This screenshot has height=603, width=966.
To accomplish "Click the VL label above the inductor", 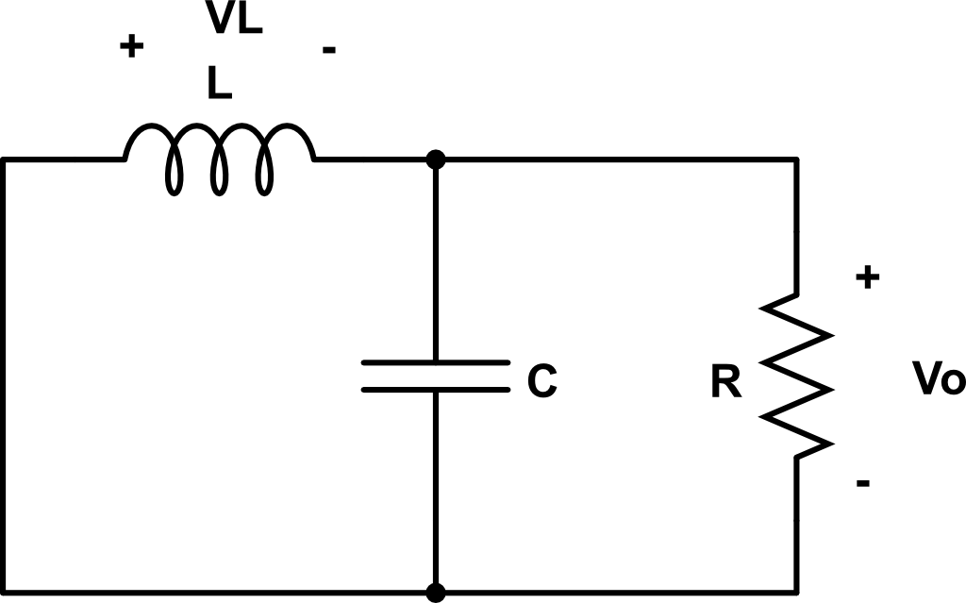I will point(235,21).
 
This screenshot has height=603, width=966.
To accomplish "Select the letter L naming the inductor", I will point(220,85).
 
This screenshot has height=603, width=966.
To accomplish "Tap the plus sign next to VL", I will point(132,47).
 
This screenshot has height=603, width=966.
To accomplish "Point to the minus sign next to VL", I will point(328,49).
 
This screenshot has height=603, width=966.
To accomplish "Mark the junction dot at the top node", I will point(435,159).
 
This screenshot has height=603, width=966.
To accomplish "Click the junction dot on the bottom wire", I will point(435,592).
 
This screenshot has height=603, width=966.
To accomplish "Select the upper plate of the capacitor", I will point(435,362).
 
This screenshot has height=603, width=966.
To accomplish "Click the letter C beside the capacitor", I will point(541,381).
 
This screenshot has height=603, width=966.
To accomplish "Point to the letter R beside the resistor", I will point(726,384).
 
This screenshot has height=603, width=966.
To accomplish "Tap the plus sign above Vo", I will point(867,277).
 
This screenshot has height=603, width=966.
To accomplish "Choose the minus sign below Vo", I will point(862,484).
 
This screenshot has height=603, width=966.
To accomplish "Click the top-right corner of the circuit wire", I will point(797,160).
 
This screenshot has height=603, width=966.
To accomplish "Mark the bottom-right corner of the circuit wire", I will point(797,592).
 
